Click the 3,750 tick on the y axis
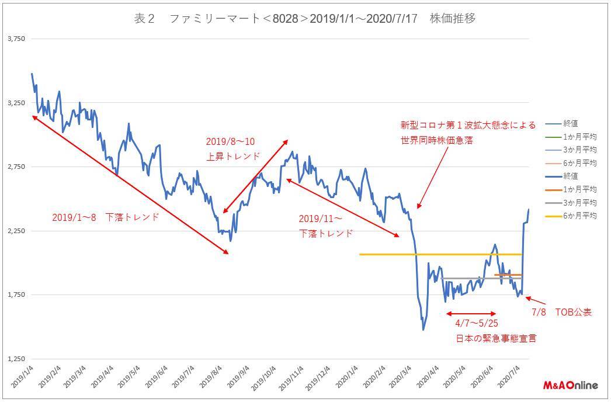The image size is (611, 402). pyautogui.click(x=16, y=39)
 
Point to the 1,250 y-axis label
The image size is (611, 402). pyautogui.click(x=16, y=359)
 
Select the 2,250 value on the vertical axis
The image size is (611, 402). pyautogui.click(x=16, y=231)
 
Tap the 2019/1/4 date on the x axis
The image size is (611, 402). pyautogui.click(x=22, y=377)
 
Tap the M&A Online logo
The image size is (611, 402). pyautogui.click(x=571, y=386)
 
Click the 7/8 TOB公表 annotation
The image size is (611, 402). pyautogui.click(x=561, y=312)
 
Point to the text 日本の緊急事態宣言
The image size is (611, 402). pyautogui.click(x=496, y=338)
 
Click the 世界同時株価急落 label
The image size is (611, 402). pyautogui.click(x=436, y=140)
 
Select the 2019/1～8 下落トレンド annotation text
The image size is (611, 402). pyautogui.click(x=105, y=217)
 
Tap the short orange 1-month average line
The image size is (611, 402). pyautogui.click(x=508, y=275)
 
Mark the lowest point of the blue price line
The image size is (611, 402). pyautogui.click(x=423, y=330)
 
